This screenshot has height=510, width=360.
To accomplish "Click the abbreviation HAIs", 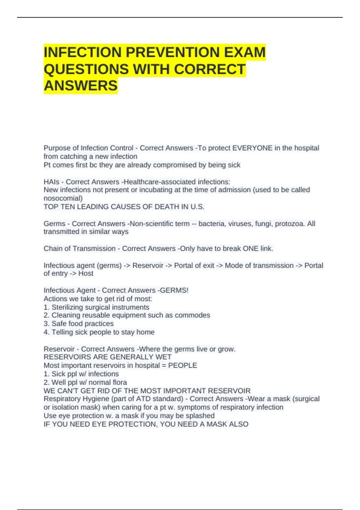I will [51, 182].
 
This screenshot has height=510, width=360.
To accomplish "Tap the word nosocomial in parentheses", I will [62, 198].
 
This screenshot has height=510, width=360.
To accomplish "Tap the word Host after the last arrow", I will [86, 274].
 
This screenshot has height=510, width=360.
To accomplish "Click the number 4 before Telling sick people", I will [46, 332].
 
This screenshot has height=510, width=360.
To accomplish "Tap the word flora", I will [119, 382].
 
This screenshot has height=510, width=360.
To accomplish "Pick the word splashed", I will [200, 416].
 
